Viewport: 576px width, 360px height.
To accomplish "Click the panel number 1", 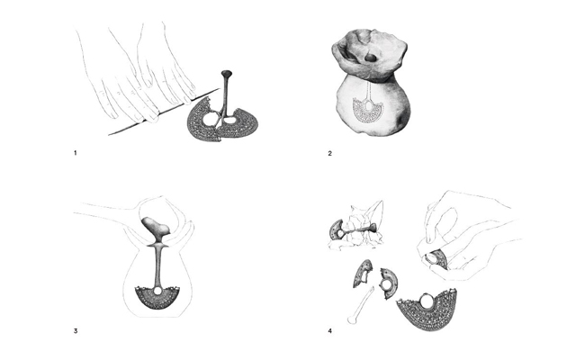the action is click(76, 153).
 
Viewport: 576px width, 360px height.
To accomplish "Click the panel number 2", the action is click(330, 153).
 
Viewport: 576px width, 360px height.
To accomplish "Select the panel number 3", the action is click(76, 331).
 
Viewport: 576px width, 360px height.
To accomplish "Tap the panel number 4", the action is click(330, 331).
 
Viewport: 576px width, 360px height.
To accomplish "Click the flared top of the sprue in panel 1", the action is click(226, 73).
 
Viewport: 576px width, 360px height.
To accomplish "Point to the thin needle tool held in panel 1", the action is click(164, 112).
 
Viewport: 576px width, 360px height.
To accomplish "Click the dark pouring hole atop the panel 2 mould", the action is click(371, 58).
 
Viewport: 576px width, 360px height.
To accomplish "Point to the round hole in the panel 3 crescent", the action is click(158, 291).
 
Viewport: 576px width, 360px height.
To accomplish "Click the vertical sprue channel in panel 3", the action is click(158, 265).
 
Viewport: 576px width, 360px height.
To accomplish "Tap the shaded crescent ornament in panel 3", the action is click(157, 298).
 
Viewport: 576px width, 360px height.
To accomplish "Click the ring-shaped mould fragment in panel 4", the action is click(389, 283).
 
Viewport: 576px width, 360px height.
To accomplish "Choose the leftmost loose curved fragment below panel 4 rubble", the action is click(363, 274).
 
